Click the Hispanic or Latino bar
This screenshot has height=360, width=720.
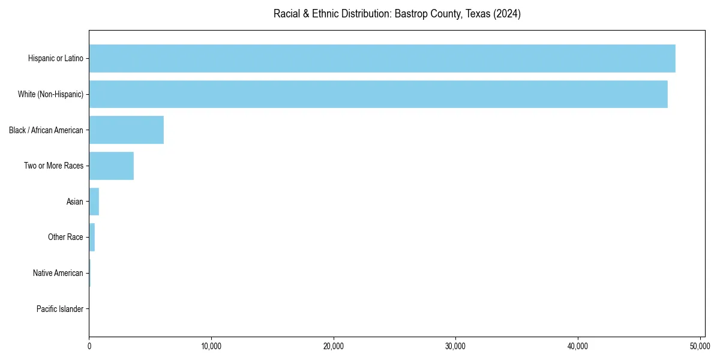(382, 58)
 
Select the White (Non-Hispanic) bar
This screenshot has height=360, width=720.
(378, 94)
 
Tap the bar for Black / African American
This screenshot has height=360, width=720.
(127, 130)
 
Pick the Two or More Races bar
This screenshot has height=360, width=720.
(112, 166)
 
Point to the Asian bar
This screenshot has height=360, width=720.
(94, 202)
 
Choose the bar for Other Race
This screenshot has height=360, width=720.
(92, 237)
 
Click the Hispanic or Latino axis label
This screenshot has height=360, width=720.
(56, 58)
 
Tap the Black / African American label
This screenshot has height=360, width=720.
(46, 130)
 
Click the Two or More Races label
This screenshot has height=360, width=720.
(54, 166)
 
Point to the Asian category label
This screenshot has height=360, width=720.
(75, 202)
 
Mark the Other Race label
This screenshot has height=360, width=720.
(65, 237)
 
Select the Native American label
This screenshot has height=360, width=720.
(58, 273)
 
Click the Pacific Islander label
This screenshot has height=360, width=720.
(60, 309)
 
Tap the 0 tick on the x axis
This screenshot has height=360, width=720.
(89, 346)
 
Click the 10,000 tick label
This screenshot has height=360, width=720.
(211, 346)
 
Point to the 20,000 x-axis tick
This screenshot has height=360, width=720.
(334, 346)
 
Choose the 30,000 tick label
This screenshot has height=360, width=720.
(455, 346)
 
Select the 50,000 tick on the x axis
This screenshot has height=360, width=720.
(700, 346)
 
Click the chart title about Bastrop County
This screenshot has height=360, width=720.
(397, 14)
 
